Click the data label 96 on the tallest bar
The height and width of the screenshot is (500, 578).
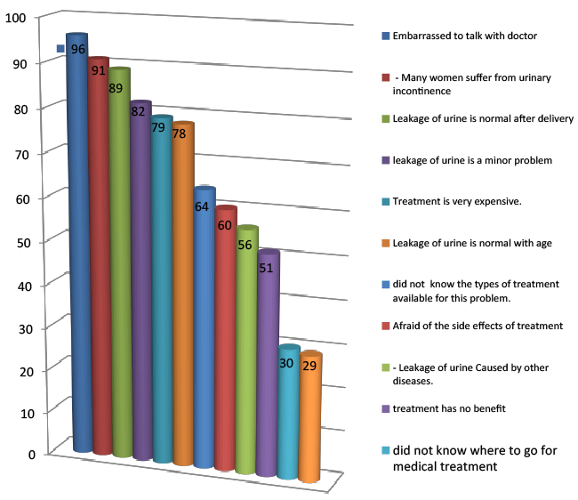pos(78,49)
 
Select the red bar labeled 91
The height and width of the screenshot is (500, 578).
pos(100,267)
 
